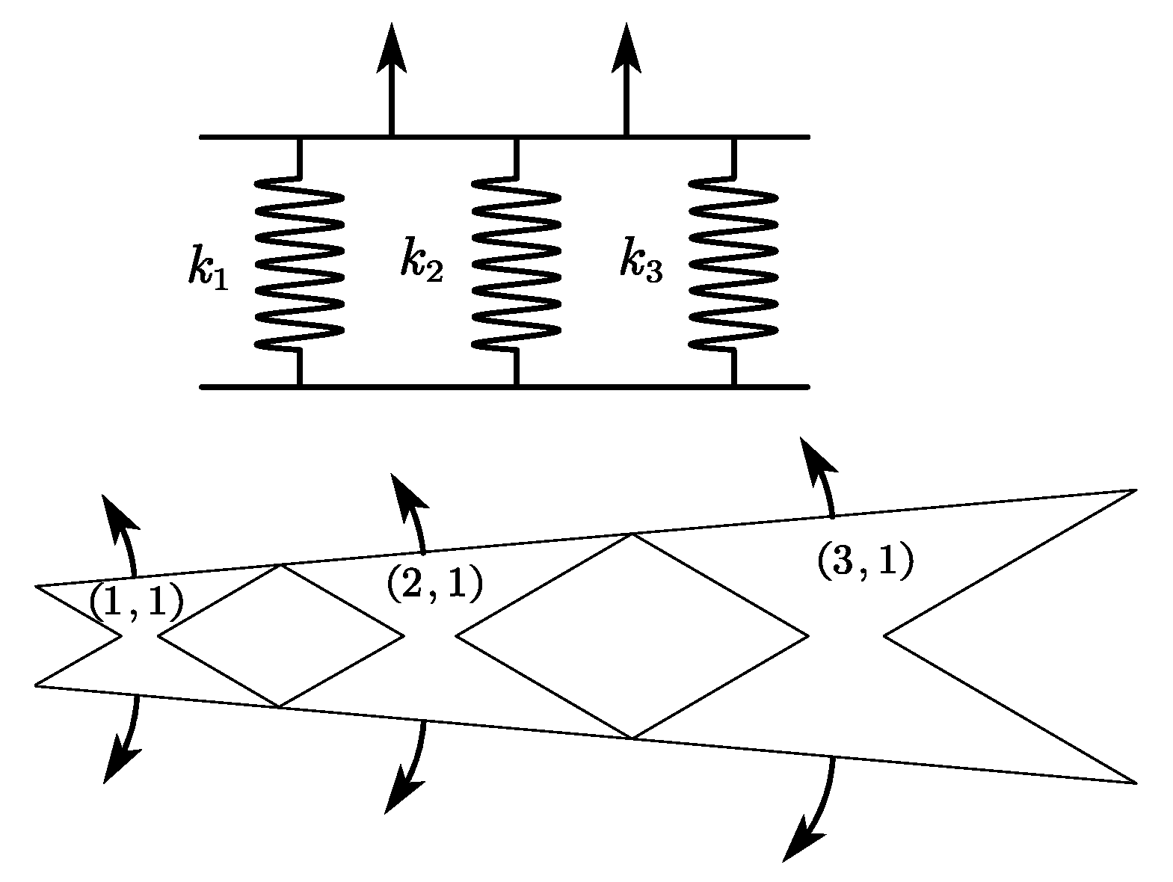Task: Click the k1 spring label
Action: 207,268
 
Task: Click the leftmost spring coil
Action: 299,262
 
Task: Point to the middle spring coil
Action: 516,262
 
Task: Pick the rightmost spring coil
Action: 733,262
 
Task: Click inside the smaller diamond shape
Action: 280,635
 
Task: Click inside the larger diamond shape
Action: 632,635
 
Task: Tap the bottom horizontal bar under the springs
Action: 505,387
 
